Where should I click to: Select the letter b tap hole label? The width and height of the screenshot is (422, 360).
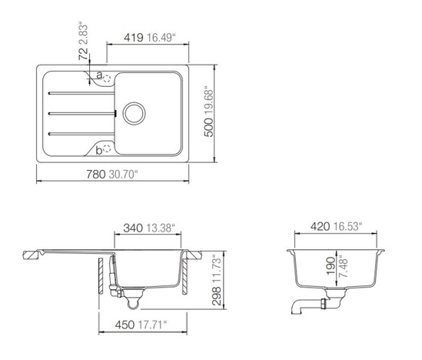click(x=99, y=150)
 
